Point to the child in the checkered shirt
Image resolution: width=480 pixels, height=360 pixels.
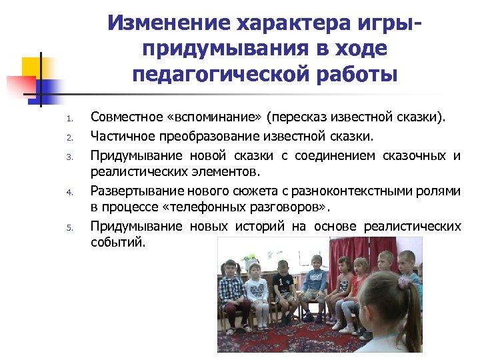click(231, 290)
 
